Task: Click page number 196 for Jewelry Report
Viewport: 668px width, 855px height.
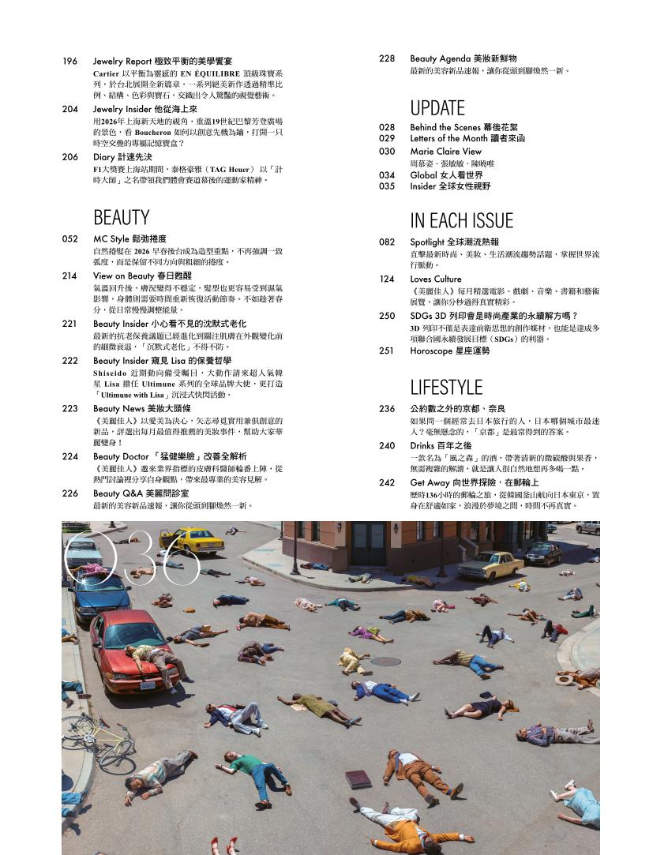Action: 69,61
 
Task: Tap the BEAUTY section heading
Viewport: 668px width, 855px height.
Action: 121,217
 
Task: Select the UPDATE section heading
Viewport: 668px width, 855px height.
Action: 437,107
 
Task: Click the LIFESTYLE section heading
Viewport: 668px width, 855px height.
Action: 446,387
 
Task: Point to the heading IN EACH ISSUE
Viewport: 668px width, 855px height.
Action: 461,220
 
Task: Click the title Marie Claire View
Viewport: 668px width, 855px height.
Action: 445,151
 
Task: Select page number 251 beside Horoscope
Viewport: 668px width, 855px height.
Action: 386,351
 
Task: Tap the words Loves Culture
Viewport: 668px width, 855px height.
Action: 436,279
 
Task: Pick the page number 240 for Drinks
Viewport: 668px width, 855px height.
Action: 386,445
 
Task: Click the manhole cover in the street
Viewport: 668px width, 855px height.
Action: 385,662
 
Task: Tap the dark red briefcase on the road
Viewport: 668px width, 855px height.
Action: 358,778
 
